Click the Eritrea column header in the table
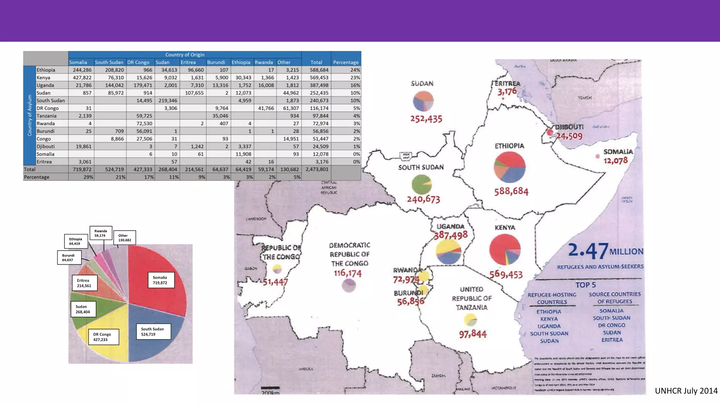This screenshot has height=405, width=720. [x=188, y=62]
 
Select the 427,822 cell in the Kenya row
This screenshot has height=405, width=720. [x=82, y=78]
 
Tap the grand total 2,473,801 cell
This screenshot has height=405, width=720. [x=317, y=169]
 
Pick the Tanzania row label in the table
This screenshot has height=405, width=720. [x=46, y=116]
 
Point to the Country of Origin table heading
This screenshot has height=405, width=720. [x=185, y=54]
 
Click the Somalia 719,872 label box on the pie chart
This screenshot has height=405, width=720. [x=161, y=280]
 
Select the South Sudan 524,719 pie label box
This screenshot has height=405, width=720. [x=153, y=332]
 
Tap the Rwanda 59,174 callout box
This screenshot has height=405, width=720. [x=101, y=233]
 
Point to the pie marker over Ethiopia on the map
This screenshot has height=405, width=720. [x=509, y=167]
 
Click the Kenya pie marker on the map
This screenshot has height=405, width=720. [x=504, y=250]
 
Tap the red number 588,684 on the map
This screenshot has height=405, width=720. [x=511, y=192]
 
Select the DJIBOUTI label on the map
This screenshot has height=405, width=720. [x=569, y=127]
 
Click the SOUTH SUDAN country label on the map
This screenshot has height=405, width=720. [x=421, y=167]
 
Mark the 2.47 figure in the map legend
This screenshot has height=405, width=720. [x=588, y=251]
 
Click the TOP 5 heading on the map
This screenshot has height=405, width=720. [x=585, y=285]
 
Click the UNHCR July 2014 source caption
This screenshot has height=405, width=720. [x=686, y=391]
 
